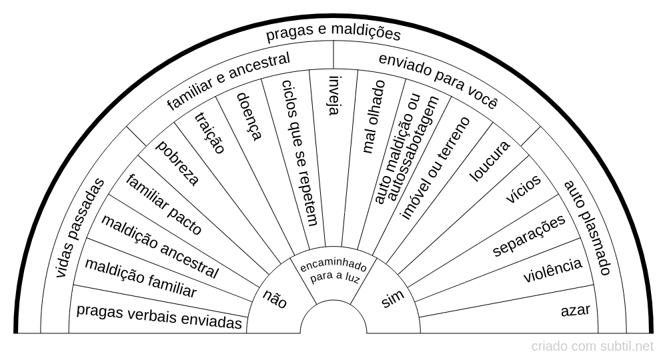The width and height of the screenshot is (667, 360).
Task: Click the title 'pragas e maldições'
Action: pyautogui.click(x=333, y=33)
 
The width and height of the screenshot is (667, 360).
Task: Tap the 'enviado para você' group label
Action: pyautogui.click(x=438, y=80)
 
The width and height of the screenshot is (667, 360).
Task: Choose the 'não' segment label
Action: pyautogui.click(x=275, y=299)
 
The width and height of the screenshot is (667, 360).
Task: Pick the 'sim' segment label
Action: pyautogui.click(x=393, y=299)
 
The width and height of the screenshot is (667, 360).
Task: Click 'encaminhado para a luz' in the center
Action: pyautogui.click(x=333, y=273)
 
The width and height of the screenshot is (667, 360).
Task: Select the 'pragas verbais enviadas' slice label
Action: pyautogui.click(x=159, y=316)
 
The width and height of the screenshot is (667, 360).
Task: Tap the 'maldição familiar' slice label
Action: pyautogui.click(x=141, y=278)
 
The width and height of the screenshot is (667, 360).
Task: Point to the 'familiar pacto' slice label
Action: pyautogui.click(x=163, y=204)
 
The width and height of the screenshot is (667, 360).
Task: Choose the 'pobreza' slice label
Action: pyautogui.click(x=177, y=163)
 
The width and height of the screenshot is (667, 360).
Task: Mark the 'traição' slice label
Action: pyautogui.click(x=209, y=133)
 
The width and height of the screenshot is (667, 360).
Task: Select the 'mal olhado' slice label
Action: pyautogui.click(x=373, y=117)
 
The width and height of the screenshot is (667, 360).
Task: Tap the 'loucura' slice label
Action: pyautogui.click(x=490, y=161)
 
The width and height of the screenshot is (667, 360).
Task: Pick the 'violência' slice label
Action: pyautogui.click(x=552, y=271)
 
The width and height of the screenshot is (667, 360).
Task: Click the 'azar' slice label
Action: pyautogui.click(x=575, y=310)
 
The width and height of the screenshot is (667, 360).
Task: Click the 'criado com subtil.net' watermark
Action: pyautogui.click(x=593, y=346)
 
